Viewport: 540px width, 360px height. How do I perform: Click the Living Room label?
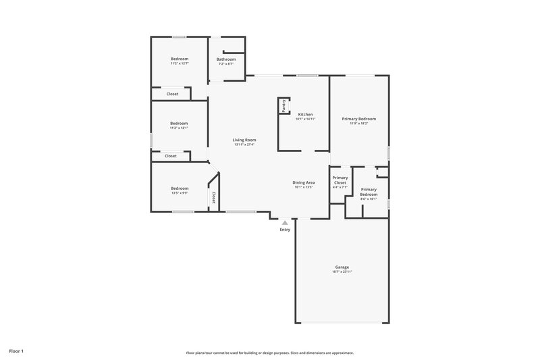pyautogui.click(x=245, y=140)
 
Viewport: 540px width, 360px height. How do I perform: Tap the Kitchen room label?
pyautogui.click(x=305, y=114)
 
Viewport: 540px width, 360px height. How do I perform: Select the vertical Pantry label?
pyautogui.click(x=284, y=105)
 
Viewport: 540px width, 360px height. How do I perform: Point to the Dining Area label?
pyautogui.click(x=304, y=182)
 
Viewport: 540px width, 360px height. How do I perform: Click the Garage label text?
pyautogui.click(x=342, y=267)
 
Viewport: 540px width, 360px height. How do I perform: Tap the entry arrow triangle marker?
pyautogui.click(x=285, y=222)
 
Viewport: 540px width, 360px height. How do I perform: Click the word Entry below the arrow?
pyautogui.click(x=285, y=230)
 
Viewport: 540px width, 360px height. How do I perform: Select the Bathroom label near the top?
pyautogui.click(x=225, y=59)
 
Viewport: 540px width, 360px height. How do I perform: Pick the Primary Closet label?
pyautogui.click(x=340, y=180)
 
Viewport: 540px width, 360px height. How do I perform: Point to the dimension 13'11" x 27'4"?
pyautogui.click(x=245, y=145)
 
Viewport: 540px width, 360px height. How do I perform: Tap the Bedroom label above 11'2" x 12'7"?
pyautogui.click(x=179, y=59)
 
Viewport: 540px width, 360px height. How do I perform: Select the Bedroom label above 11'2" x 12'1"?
pyautogui.click(x=179, y=123)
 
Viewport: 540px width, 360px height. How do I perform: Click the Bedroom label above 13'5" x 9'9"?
pyautogui.click(x=179, y=188)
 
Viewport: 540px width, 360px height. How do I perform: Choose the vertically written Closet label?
pyautogui.click(x=214, y=197)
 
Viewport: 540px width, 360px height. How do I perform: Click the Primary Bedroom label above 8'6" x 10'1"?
pyautogui.click(x=369, y=192)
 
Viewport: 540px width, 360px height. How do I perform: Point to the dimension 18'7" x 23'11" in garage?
pyautogui.click(x=342, y=272)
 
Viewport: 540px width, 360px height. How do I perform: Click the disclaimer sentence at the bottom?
pyautogui.click(x=269, y=353)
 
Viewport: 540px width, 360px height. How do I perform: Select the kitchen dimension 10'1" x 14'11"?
pyautogui.click(x=305, y=119)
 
